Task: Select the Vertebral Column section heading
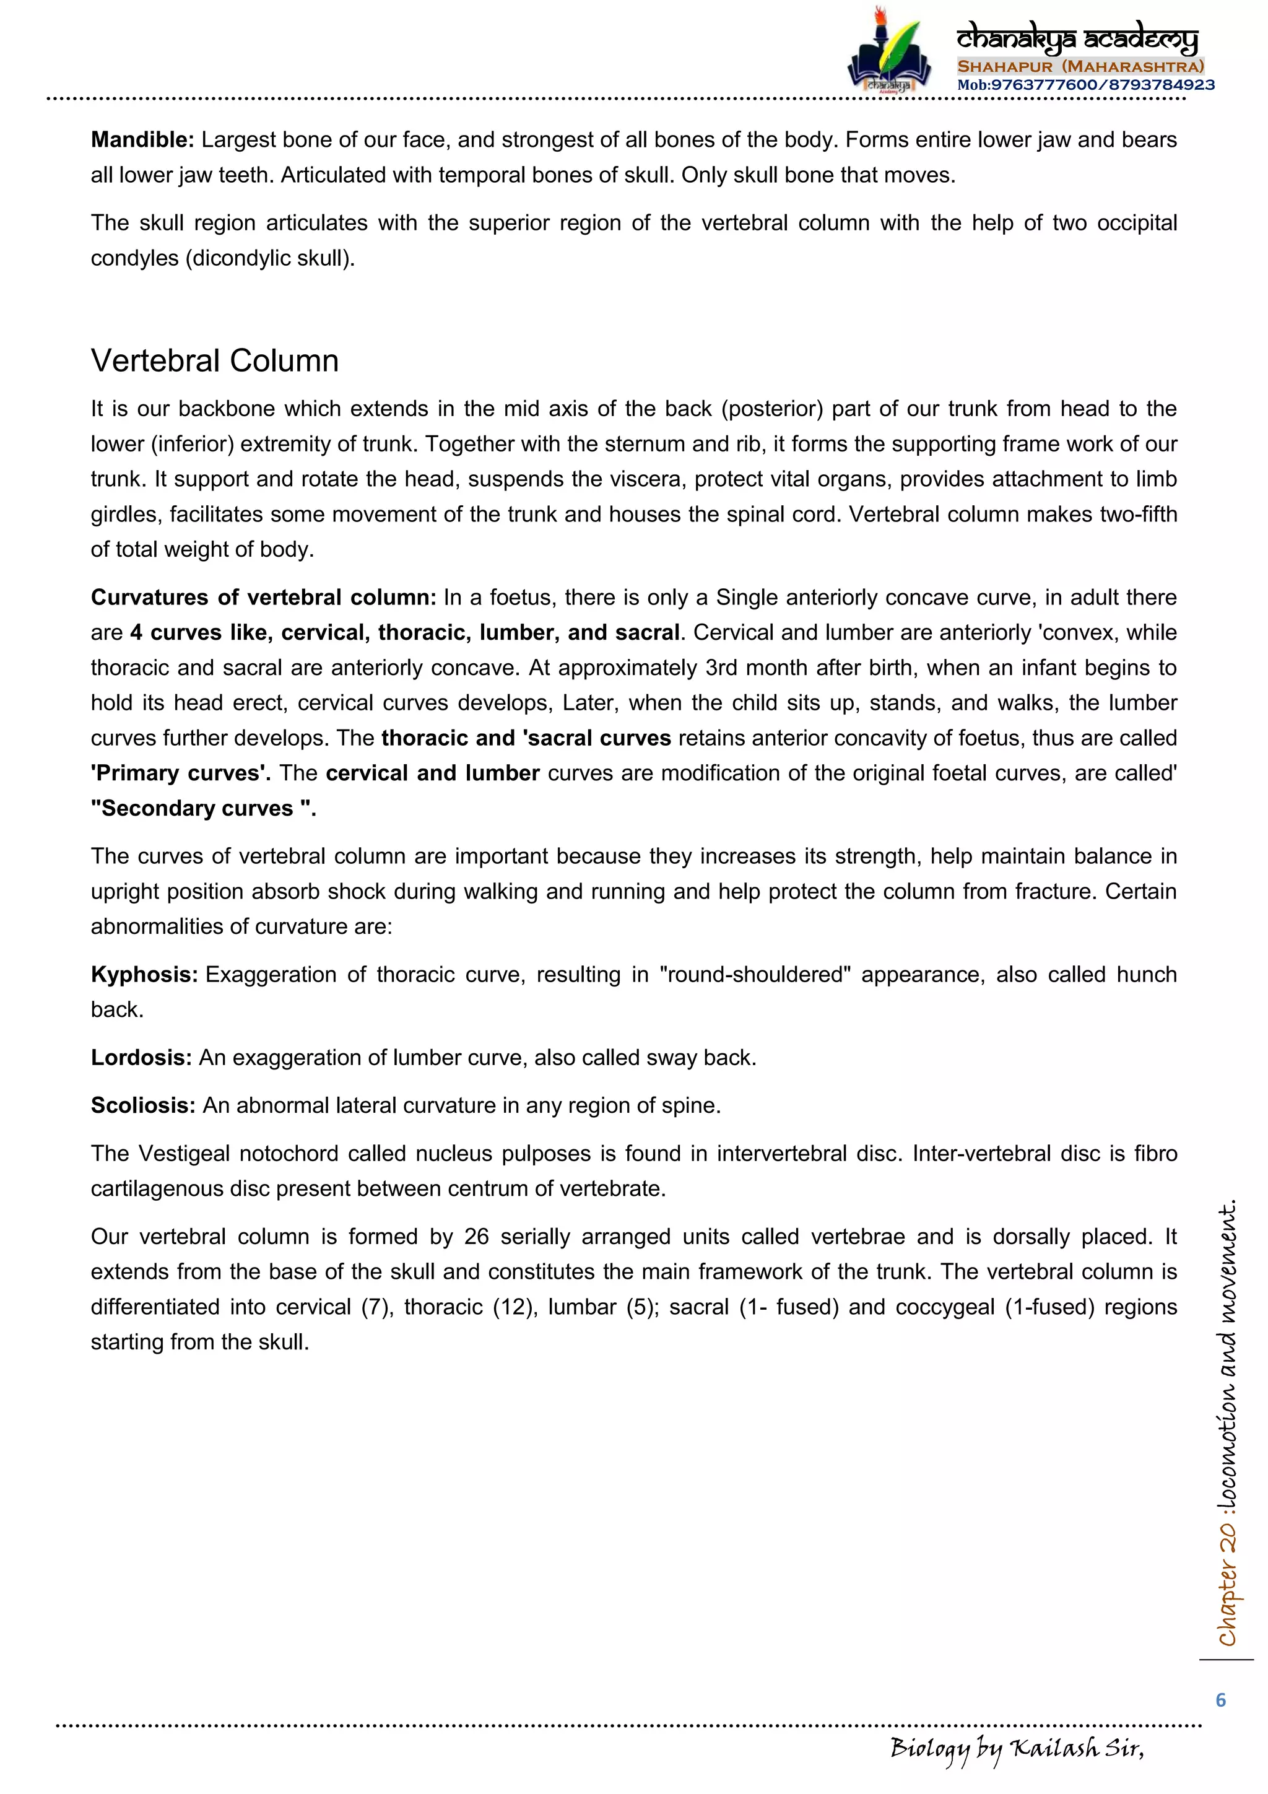pyautogui.click(x=215, y=361)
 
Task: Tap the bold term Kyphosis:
pyautogui.click(x=144, y=974)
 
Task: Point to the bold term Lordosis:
pyautogui.click(x=141, y=1057)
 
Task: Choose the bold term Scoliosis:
pyautogui.click(x=143, y=1105)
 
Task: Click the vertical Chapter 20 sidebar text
pyautogui.click(x=1227, y=1422)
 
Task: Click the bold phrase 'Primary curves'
pyautogui.click(x=180, y=773)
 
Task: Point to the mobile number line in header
pyautogui.click(x=1085, y=84)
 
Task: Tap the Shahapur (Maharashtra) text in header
pyautogui.click(x=1080, y=66)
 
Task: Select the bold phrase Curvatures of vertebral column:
pyautogui.click(x=263, y=597)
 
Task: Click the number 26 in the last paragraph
pyautogui.click(x=475, y=1236)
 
